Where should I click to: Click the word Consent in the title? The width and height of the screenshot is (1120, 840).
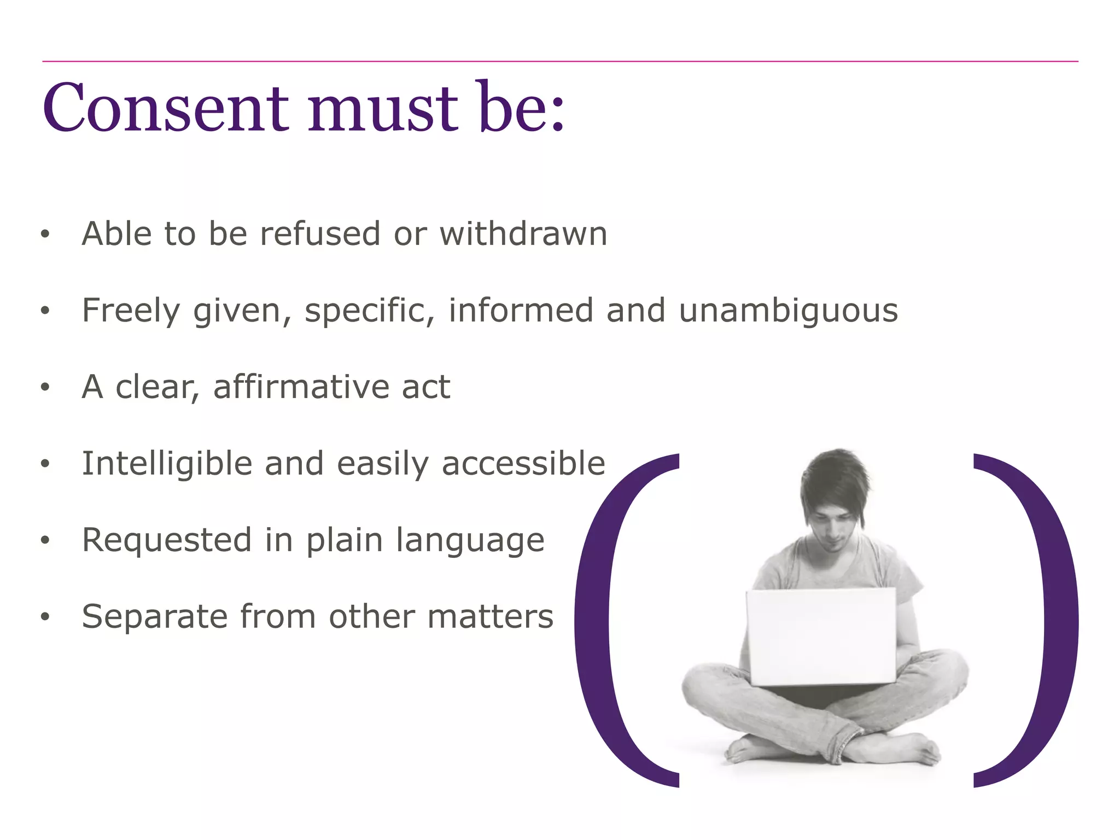(165, 108)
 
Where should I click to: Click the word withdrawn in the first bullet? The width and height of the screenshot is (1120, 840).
(523, 234)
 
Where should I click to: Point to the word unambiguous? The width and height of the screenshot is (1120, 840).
(788, 311)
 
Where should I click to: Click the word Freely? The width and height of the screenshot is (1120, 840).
(131, 311)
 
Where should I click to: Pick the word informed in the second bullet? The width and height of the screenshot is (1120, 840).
(521, 311)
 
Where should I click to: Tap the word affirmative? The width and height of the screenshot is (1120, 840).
(301, 387)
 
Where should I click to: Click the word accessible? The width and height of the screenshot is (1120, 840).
(523, 464)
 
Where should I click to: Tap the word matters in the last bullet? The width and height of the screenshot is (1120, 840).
(490, 617)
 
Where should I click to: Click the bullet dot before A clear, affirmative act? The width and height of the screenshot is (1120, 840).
(45, 387)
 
